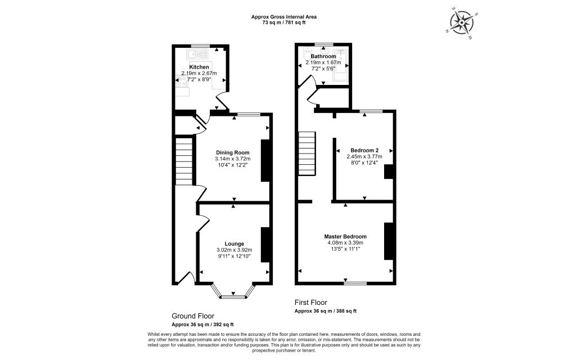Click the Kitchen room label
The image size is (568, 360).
click(x=199, y=67)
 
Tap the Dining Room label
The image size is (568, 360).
click(x=233, y=152)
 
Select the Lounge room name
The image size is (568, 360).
click(x=235, y=244)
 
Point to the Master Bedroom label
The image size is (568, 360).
click(x=345, y=236)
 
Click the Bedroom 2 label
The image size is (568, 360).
click(x=364, y=150)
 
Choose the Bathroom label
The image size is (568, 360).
click(x=323, y=56)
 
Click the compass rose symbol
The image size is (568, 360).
click(x=462, y=23)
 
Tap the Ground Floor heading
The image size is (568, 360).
click(x=193, y=316)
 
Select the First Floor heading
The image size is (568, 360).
click(x=311, y=303)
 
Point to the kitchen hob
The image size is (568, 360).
click(x=181, y=80)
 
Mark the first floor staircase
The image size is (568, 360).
click(x=307, y=153)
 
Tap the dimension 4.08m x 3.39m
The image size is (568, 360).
click(x=345, y=243)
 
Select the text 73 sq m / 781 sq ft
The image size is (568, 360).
click(x=284, y=22)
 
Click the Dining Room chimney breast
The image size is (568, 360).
click(x=265, y=160)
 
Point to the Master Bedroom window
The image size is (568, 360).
click(x=355, y=283)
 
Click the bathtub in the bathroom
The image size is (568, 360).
click(x=341, y=65)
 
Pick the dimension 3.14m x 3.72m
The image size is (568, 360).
click(x=233, y=159)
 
